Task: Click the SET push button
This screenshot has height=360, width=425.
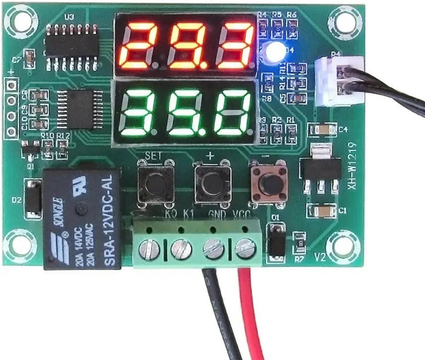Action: [x=155, y=182]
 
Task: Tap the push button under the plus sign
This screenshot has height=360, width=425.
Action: [x=213, y=183]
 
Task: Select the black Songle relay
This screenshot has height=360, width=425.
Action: [x=82, y=219]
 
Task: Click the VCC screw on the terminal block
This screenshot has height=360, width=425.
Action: [x=246, y=247]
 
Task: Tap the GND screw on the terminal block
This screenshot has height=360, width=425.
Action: [x=213, y=248]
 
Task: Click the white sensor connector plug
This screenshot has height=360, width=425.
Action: [x=339, y=81]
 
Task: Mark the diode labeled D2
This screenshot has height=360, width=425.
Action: [x=33, y=198]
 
